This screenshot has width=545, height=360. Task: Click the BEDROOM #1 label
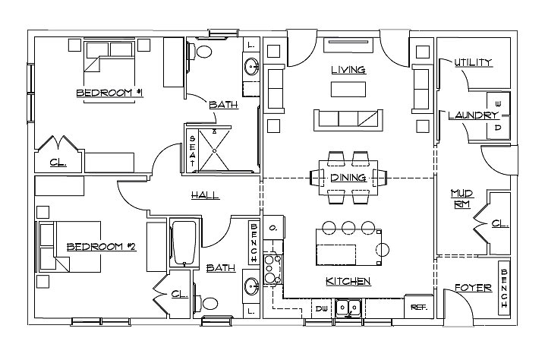pos(109,93)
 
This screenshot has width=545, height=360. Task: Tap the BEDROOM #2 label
pos(101,247)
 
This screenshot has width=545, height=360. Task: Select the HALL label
pos(205,194)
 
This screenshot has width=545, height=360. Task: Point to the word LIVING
pos(348,70)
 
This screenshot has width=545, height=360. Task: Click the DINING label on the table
pos(348,178)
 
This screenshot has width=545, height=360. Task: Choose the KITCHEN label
pos(348,281)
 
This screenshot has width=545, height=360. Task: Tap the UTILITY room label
pos(473,62)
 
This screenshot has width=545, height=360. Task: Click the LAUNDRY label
pos(473,115)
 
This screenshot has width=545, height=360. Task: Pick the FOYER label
pos(473,288)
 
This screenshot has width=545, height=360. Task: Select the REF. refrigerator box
pos(418,307)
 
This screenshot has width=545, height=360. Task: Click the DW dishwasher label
pos(322,308)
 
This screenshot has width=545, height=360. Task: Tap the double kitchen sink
pos(348,308)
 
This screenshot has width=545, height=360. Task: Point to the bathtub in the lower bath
pos(184,243)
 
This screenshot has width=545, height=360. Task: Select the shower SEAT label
pos(192,150)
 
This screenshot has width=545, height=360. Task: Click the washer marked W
pos(498,103)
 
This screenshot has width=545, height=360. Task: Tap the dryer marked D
pos(498,128)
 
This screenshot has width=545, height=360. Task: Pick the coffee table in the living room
pos(348,89)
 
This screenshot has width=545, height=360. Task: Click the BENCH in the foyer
pos(504,288)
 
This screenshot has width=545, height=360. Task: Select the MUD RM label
pos(462,198)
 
